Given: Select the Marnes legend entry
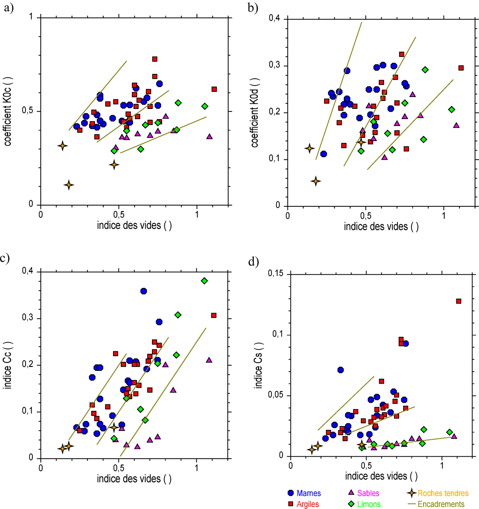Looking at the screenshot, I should coord(309,493).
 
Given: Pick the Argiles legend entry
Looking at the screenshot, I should coord(308,504).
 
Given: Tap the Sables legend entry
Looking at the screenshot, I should coord(368,493).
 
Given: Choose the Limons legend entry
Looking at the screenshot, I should coord(369,504).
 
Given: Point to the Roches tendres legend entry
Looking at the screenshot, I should coord(443,493).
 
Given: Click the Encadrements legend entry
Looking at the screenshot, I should coord(441,504).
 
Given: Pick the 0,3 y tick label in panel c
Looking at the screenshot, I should coord(28,319).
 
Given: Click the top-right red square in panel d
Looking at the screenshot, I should coord(459,301).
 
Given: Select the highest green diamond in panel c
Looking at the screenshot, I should coord(204,281).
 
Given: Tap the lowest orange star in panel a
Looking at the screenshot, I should coord(69,185).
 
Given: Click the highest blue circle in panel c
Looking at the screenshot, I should coord(144,291).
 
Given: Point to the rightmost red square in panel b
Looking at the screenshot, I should coord(461,68).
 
